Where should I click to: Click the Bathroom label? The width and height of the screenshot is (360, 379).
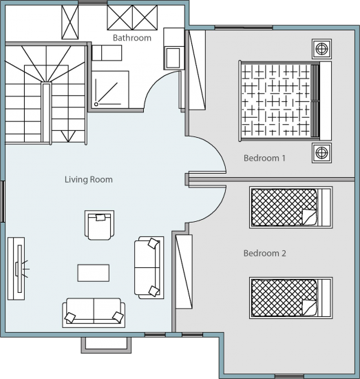(132, 38)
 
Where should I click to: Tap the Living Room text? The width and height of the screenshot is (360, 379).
(89, 180)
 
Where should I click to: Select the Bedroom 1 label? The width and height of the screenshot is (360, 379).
(264, 158)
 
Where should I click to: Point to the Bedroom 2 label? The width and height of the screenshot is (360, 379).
(264, 254)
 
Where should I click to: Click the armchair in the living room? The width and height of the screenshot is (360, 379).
(100, 225)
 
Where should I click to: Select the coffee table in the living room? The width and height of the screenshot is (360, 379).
(94, 273)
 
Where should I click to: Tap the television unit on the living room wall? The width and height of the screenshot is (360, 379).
(17, 269)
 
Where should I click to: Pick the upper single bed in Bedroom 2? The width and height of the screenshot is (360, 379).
(291, 207)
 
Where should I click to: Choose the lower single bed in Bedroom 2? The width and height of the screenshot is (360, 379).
(291, 298)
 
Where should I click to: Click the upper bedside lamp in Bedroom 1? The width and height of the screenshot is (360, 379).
(321, 49)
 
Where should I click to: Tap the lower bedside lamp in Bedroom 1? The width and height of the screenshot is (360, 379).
(321, 153)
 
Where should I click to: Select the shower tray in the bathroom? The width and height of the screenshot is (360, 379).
(110, 90)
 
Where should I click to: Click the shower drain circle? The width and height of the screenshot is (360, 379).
(96, 104)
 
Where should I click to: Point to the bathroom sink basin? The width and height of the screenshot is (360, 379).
(172, 58)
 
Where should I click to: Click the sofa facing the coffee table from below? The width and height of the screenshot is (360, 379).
(94, 313)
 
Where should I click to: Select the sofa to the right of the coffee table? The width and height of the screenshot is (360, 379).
(149, 267)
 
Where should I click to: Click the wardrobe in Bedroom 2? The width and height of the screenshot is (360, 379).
(184, 272)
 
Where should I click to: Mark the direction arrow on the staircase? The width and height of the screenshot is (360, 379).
(69, 136)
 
